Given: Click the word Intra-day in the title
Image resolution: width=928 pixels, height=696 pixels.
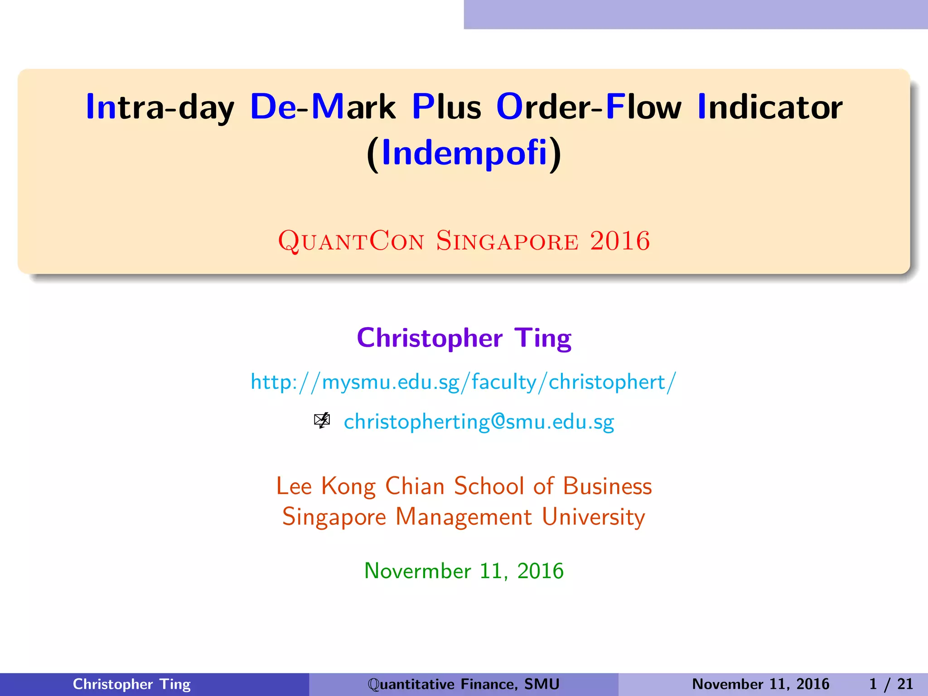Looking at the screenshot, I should click(x=159, y=107).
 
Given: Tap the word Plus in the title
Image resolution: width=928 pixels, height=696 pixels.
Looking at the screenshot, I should click(x=446, y=107).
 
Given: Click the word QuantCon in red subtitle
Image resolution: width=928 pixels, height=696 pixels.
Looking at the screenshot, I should click(x=351, y=241).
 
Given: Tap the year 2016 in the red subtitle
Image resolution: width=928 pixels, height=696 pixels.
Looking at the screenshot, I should click(x=620, y=241).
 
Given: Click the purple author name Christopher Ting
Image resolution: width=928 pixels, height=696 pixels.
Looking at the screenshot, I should click(x=464, y=338).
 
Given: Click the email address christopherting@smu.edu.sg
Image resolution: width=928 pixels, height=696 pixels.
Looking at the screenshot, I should click(x=479, y=422).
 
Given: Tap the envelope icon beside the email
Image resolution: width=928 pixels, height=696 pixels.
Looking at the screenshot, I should click(x=322, y=421).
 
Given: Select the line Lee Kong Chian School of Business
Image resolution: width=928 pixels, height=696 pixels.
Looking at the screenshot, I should click(x=464, y=486).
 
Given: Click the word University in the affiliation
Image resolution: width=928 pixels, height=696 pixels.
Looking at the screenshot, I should click(x=594, y=517).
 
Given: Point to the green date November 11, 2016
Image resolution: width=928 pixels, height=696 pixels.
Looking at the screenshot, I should click(x=464, y=571).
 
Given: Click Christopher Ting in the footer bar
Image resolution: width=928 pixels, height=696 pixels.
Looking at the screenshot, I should click(x=131, y=684).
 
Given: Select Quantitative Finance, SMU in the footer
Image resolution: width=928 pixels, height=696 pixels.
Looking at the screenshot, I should click(x=464, y=684).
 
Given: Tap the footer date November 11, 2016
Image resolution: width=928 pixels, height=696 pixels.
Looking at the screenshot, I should click(x=760, y=684).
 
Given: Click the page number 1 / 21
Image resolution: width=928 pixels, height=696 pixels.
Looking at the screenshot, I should click(x=891, y=684).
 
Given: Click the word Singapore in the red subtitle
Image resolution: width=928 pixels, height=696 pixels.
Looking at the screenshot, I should click(x=507, y=241).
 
